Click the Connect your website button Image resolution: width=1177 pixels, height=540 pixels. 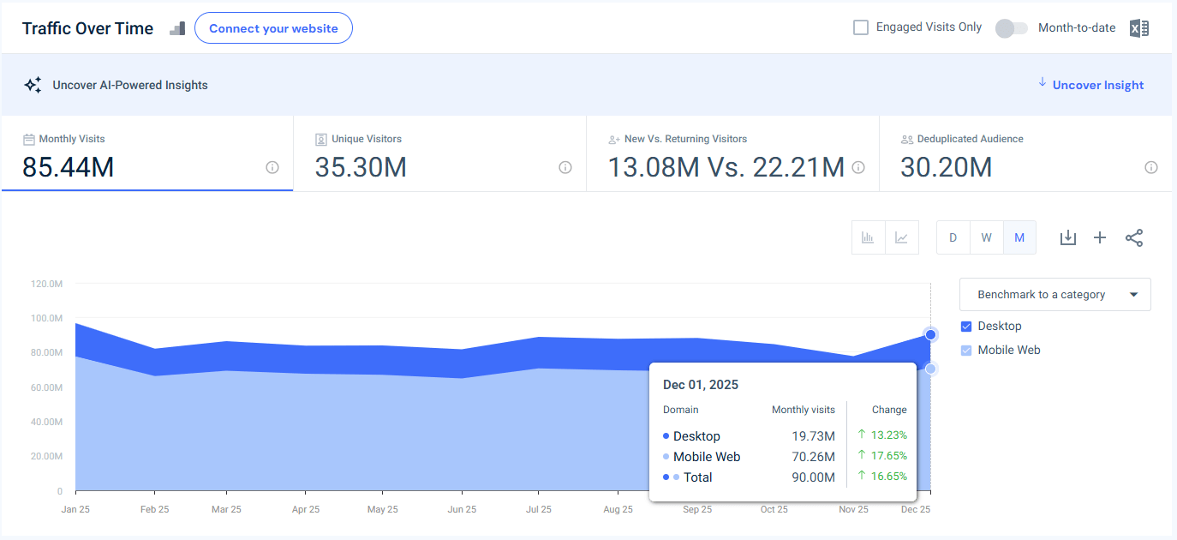click(273, 28)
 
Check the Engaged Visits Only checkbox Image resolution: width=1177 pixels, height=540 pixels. click(861, 27)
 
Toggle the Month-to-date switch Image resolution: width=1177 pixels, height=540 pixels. click(1011, 28)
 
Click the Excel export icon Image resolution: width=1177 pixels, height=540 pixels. click(1138, 28)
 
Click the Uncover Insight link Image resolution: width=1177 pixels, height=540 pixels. click(1097, 85)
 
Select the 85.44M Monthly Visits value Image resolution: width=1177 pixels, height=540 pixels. click(69, 167)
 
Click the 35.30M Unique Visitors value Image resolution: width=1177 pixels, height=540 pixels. click(361, 167)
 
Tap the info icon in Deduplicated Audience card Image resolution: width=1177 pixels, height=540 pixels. click(1151, 167)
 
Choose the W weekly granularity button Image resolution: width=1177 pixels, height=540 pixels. click(986, 237)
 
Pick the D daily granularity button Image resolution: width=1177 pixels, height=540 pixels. click(953, 237)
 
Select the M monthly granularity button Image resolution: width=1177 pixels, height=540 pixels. click(1019, 237)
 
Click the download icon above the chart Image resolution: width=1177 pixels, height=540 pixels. click(1067, 237)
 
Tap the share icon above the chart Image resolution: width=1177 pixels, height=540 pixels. click(1134, 237)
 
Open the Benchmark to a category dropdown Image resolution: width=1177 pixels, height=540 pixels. click(1055, 294)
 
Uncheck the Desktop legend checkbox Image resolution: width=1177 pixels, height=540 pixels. click(966, 326)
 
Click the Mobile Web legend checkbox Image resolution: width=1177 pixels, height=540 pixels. click(966, 350)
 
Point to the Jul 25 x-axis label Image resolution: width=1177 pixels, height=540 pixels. click(538, 509)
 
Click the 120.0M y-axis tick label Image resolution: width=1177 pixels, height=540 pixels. click(46, 284)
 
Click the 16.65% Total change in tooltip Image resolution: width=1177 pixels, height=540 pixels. click(888, 477)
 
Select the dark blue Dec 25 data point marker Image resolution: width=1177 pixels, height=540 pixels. click(930, 334)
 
